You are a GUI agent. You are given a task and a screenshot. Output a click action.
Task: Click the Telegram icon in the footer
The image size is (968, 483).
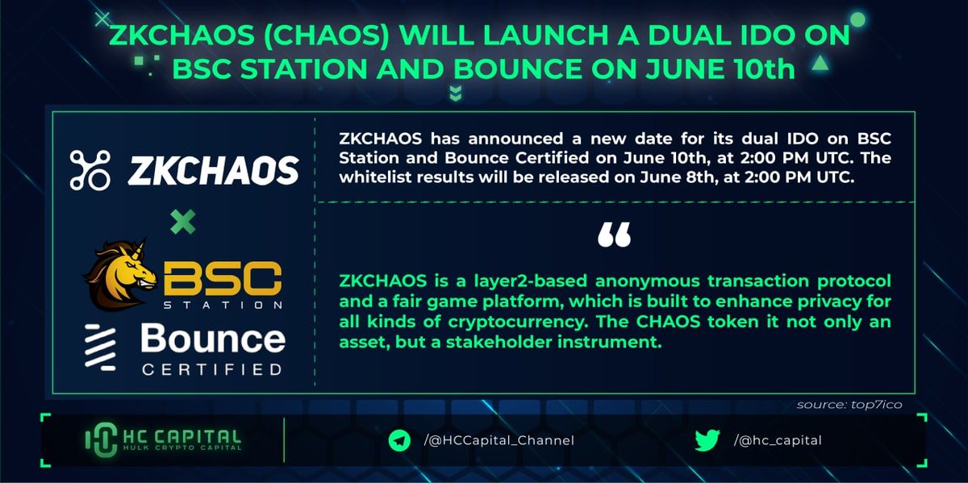coord(398,440)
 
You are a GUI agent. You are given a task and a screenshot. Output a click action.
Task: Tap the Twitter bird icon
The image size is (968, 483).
coord(707,440)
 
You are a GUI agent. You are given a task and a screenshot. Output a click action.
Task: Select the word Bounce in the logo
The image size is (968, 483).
coord(213,339)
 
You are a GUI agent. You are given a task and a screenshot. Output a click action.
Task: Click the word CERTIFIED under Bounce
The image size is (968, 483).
coord(212,371)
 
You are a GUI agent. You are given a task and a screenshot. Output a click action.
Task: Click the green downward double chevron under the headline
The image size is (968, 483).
coord(456,93)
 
